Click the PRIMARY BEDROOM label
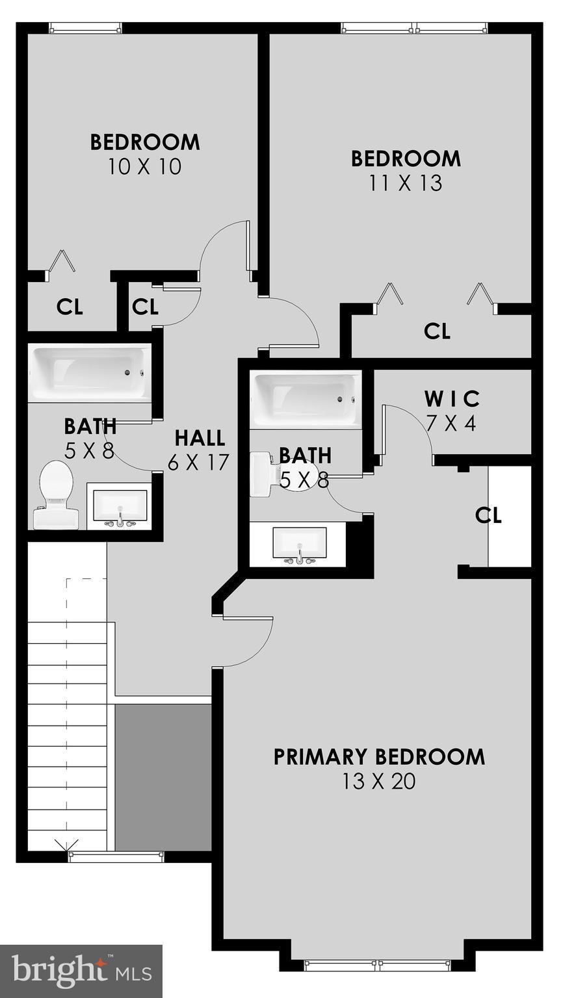point(379,757)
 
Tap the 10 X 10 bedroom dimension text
point(145,167)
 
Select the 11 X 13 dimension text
point(406,183)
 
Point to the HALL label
point(200,438)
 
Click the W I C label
point(452,398)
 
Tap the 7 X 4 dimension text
point(452,424)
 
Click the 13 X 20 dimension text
point(379,781)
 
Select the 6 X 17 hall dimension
point(199,463)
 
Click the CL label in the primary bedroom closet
point(488,515)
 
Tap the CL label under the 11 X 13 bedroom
point(437,331)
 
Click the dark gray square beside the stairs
point(163,776)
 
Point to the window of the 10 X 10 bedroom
point(85,28)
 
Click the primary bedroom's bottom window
point(379,966)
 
